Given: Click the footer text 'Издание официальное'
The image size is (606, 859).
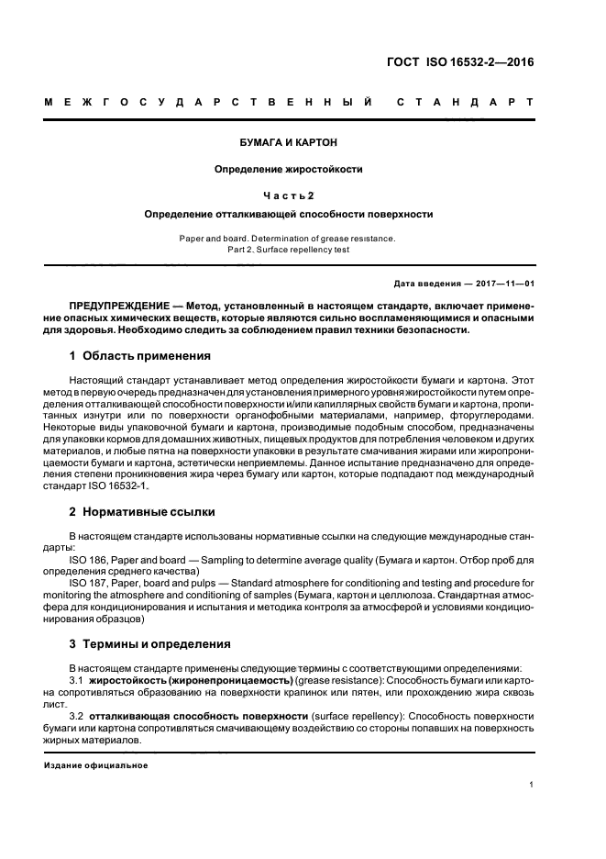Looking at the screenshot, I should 96,764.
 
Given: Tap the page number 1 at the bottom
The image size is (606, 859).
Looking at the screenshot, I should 532,785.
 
